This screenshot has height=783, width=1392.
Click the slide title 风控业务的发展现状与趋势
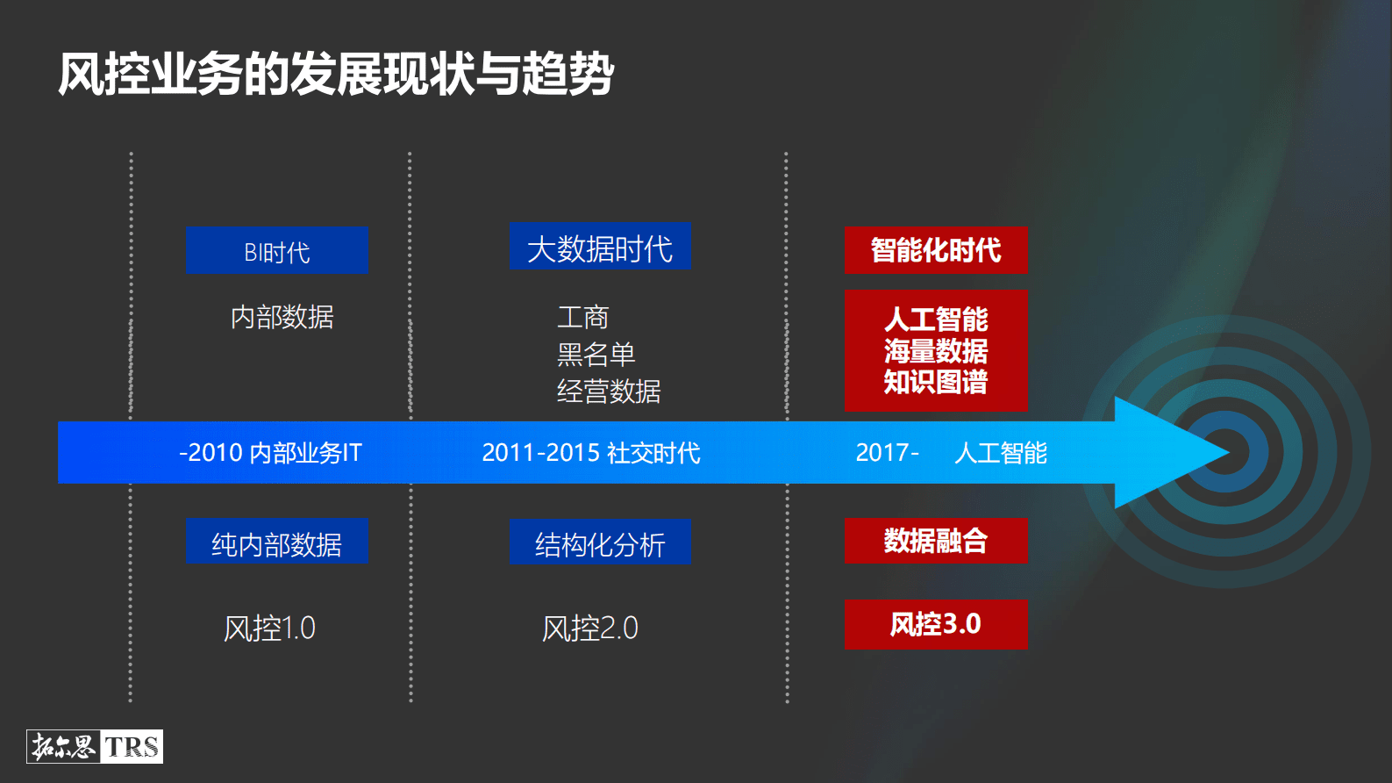(x=336, y=74)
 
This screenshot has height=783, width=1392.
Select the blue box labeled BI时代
(x=276, y=251)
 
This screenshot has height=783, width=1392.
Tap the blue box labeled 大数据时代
(x=600, y=248)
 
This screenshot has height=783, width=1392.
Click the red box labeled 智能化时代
(x=935, y=250)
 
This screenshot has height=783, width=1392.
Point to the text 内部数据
(x=282, y=317)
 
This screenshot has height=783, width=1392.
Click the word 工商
(x=582, y=317)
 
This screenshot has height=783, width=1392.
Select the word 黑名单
(x=596, y=355)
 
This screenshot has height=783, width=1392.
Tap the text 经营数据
(x=609, y=391)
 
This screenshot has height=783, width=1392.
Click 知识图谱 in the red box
(x=935, y=383)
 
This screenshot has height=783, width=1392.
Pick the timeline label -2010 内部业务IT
(x=270, y=453)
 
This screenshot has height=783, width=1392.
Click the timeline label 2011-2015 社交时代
(x=591, y=453)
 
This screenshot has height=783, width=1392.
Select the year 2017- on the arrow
(x=887, y=453)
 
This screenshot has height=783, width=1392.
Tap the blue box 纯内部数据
(x=276, y=543)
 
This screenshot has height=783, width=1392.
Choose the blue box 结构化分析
(x=600, y=544)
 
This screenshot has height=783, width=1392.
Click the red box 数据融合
(x=935, y=541)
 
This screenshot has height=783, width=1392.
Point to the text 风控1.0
(x=269, y=629)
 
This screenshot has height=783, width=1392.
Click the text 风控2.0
(x=589, y=629)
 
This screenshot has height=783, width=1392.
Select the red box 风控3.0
(x=935, y=624)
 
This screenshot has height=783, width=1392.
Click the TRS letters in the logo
(x=132, y=747)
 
